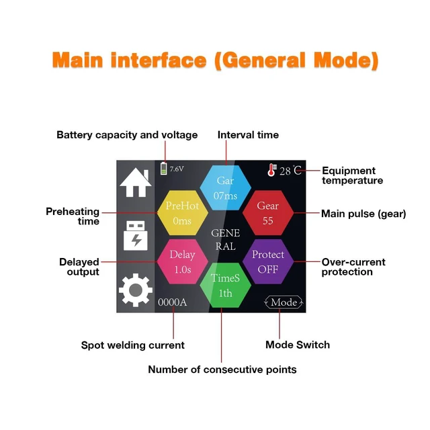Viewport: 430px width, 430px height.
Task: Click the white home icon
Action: (136, 183)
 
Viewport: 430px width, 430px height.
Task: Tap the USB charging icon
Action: (136, 236)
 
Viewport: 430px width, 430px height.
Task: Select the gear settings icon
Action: (136, 290)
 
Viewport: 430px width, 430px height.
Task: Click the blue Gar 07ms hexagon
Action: (226, 188)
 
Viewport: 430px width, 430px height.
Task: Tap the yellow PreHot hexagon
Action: (182, 213)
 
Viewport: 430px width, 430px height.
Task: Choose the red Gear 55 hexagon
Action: (268, 213)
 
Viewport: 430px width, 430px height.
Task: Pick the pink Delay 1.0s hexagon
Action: (182, 261)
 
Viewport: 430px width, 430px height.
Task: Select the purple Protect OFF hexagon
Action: (268, 261)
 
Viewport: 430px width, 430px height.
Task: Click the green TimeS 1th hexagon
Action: (226, 286)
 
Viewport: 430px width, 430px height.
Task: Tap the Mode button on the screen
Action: (284, 302)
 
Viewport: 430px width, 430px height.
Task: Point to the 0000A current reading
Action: (172, 302)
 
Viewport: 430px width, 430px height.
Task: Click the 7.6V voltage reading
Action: (177, 169)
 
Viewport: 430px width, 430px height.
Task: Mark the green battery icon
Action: (164, 168)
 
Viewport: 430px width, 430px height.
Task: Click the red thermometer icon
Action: (271, 170)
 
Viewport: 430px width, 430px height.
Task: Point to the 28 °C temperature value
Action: (290, 171)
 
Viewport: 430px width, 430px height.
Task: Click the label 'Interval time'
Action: (248, 135)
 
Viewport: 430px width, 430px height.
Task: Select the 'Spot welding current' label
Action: (133, 345)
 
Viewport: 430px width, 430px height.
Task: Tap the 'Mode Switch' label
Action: (298, 345)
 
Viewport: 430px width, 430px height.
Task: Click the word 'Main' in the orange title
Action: (78, 60)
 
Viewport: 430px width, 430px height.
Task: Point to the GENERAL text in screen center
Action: (226, 240)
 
